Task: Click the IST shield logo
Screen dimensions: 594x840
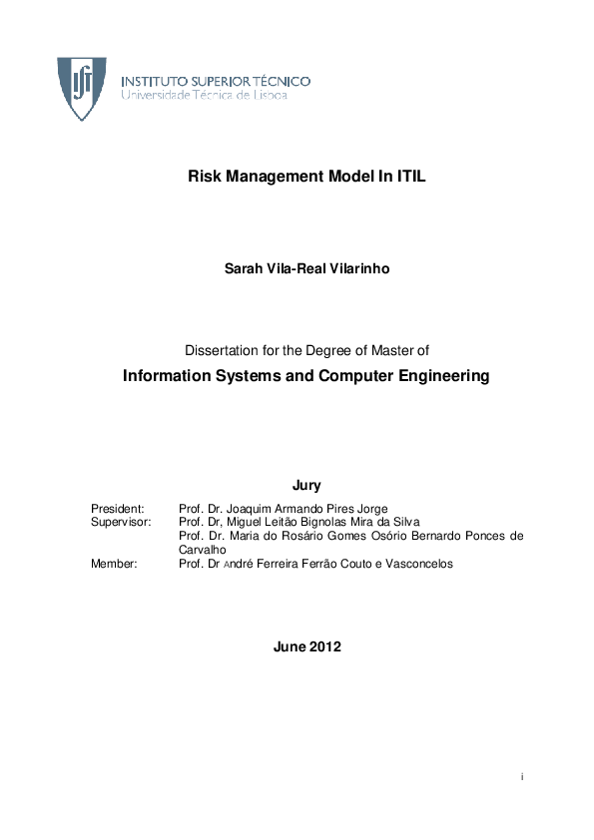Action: pos(82,89)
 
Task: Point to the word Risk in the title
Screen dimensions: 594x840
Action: pos(203,177)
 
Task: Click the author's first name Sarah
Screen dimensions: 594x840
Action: pos(243,268)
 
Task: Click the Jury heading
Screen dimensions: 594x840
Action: pos(306,486)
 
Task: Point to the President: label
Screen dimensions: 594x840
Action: pos(118,508)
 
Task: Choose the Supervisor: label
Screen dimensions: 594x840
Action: pos(121,522)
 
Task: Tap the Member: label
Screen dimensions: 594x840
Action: pos(115,564)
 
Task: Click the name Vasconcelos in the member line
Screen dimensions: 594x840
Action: pos(415,564)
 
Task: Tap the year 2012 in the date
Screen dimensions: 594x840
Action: pos(324,646)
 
